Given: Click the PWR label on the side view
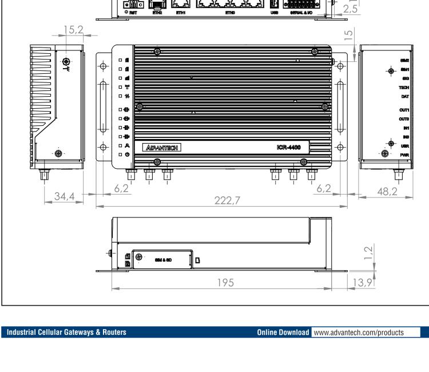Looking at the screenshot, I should (404, 154).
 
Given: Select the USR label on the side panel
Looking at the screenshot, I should (404, 147).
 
